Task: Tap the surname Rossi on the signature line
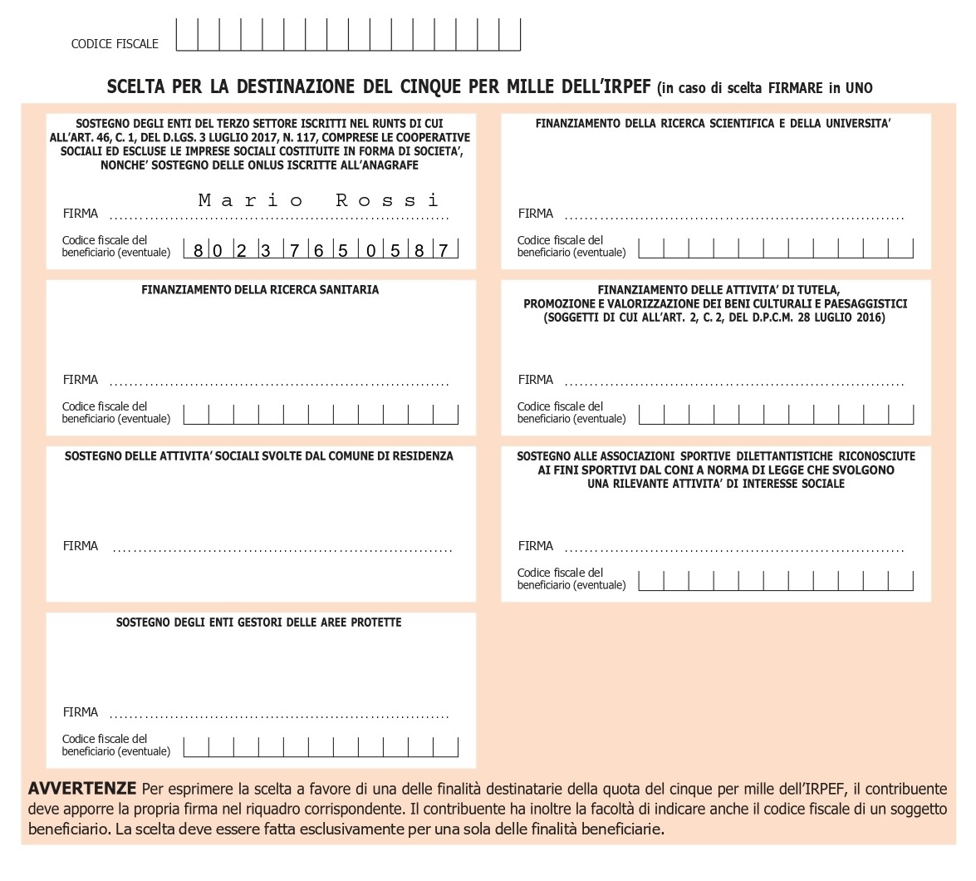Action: pyautogui.click(x=387, y=200)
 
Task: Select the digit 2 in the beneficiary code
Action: pyautogui.click(x=241, y=250)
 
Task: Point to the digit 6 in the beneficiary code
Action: pyautogui.click(x=318, y=250)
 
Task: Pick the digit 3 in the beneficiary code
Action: pyautogui.click(x=266, y=250)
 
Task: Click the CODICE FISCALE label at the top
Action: pyautogui.click(x=115, y=44)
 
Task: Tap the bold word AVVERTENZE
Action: pyautogui.click(x=81, y=788)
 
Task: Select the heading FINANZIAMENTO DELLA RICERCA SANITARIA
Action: pyautogui.click(x=260, y=290)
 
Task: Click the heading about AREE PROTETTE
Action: pyautogui.click(x=258, y=623)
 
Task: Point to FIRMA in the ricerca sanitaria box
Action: pyautogui.click(x=81, y=380)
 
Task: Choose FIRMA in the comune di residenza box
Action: pyautogui.click(x=81, y=546)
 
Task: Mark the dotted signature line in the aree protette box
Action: pyautogui.click(x=279, y=716)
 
